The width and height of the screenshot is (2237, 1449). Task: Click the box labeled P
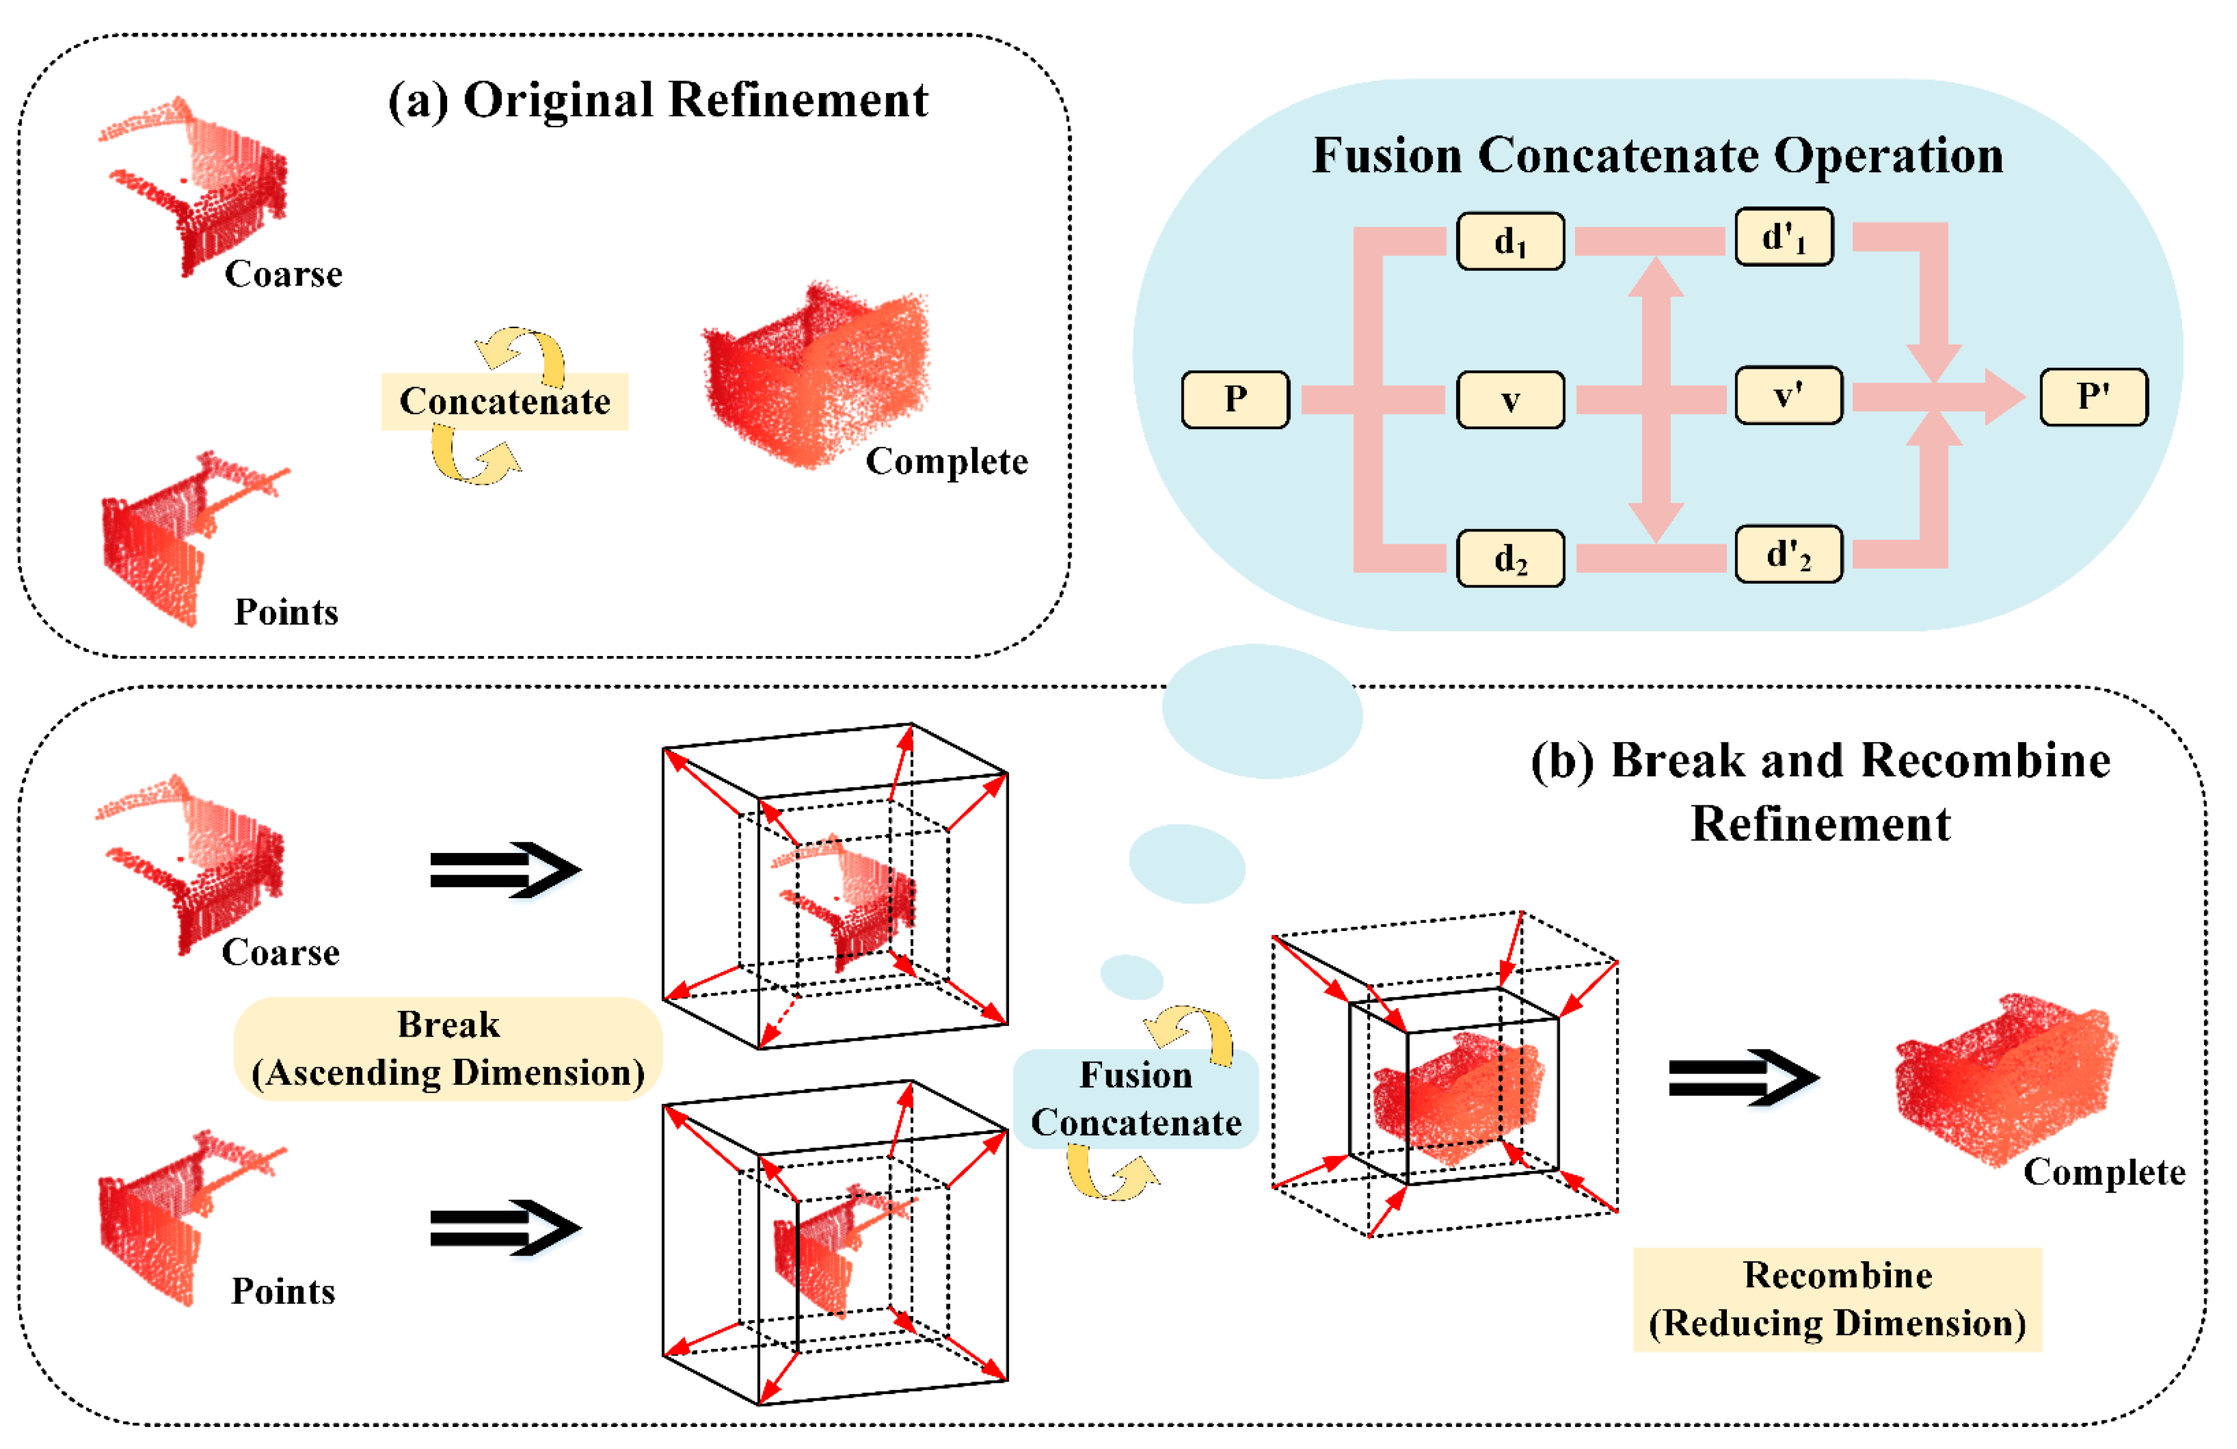1235,400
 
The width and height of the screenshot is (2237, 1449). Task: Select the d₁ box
1510,242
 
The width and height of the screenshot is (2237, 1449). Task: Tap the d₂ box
1510,559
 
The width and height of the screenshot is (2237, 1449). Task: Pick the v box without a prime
1510,400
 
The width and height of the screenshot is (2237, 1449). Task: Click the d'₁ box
1784,237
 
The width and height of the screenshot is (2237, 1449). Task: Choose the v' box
1789,395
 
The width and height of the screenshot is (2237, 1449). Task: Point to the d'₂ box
1789,554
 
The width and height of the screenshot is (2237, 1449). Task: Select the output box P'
2094,397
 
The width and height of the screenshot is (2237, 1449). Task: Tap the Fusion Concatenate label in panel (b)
1135,1098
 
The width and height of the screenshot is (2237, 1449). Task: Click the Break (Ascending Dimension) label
448,1048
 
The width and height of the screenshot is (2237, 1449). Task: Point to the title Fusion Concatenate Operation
1658,155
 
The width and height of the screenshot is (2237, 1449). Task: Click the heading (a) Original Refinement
658,100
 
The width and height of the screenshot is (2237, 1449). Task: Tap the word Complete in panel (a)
946,461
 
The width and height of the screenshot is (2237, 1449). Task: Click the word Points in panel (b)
283,1291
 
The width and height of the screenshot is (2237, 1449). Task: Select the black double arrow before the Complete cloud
1744,1078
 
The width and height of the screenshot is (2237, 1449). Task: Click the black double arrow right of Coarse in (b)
506,870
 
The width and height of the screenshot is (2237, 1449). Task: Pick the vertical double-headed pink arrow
1655,400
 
